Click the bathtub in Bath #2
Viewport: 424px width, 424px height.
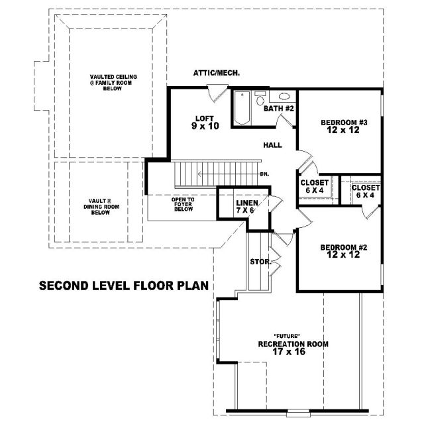pos(242,108)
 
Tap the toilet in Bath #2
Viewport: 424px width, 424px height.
pos(260,98)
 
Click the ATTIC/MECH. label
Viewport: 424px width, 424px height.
pos(217,73)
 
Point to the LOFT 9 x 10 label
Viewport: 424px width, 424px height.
pos(205,123)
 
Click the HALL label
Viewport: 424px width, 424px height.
pos(272,145)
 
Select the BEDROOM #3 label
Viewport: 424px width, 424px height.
pos(344,127)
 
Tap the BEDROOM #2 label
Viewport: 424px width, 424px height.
pos(344,251)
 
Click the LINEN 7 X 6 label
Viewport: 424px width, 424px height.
pos(247,206)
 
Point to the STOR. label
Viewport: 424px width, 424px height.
pos(260,262)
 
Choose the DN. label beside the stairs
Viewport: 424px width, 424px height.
pos(264,174)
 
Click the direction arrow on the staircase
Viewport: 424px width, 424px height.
pos(228,174)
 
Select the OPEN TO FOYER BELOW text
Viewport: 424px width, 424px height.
pos(183,204)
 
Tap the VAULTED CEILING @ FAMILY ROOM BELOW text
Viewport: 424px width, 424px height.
pos(113,82)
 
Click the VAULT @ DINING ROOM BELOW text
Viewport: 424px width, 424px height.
pos(101,207)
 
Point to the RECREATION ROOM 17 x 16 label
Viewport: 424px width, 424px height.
pos(293,348)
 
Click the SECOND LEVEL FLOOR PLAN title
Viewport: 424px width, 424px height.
pos(124,286)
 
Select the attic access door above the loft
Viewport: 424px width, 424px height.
pos(217,93)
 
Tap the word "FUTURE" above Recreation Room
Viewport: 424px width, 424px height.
pos(287,336)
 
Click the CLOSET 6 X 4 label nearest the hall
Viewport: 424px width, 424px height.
pos(315,186)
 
